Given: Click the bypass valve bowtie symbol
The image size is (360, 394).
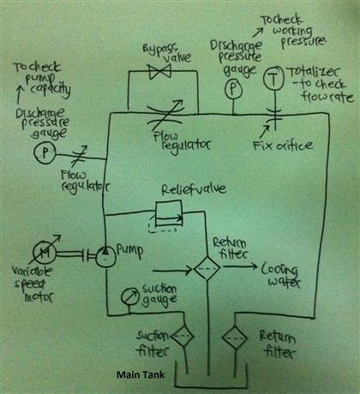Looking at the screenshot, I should tap(158, 75).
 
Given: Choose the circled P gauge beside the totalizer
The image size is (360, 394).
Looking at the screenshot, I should tap(231, 89).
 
